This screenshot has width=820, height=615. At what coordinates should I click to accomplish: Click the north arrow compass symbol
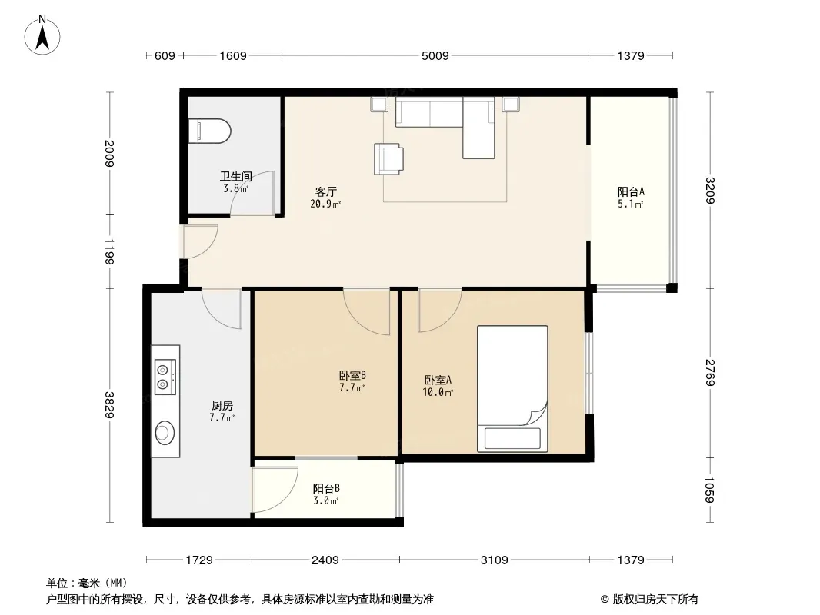pos(42,35)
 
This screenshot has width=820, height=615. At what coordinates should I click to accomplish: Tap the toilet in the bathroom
pos(209,131)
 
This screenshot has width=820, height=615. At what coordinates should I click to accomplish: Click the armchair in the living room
pos(388,159)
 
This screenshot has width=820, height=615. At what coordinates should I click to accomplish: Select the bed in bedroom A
pos(512,389)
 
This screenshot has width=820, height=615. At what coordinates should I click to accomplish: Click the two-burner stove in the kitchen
pos(165,377)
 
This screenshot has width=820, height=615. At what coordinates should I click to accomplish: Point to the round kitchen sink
pos(165,432)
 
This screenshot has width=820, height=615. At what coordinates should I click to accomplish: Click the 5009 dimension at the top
pos(435,55)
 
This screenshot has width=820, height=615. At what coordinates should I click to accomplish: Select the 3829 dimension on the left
pos(109,404)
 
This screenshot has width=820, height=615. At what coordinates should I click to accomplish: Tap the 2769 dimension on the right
pos(710,373)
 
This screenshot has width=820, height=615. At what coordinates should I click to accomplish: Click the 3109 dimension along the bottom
pos(494,560)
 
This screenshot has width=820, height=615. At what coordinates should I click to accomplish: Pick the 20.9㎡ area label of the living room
pos(325,204)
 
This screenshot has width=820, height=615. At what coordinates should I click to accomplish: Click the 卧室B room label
pos(352,375)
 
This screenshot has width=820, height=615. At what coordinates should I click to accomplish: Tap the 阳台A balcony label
pos(631,191)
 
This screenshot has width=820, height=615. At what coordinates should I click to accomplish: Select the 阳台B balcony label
pos(326,489)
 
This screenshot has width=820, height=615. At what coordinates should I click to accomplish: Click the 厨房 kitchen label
pos(222,405)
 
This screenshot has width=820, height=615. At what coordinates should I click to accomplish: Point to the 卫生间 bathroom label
pos(236,177)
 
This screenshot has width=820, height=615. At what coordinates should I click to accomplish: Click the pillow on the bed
pos(512,438)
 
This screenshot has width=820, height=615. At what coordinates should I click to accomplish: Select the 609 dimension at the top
pos(165,55)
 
